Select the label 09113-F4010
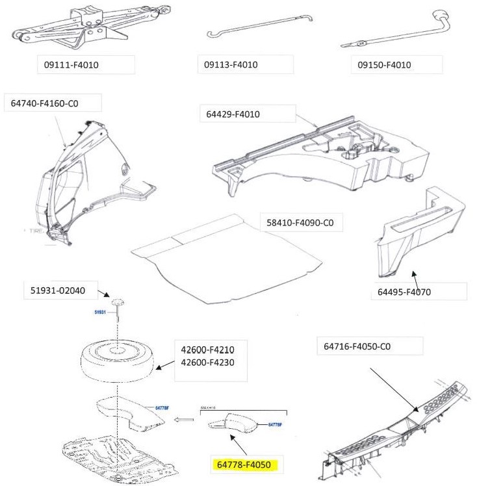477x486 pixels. click(x=231, y=65)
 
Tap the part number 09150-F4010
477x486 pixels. click(x=385, y=65)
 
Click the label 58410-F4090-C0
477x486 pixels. click(x=300, y=223)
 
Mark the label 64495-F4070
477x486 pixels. click(x=404, y=292)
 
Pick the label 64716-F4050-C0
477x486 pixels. click(x=357, y=346)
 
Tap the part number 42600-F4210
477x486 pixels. click(x=207, y=350)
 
